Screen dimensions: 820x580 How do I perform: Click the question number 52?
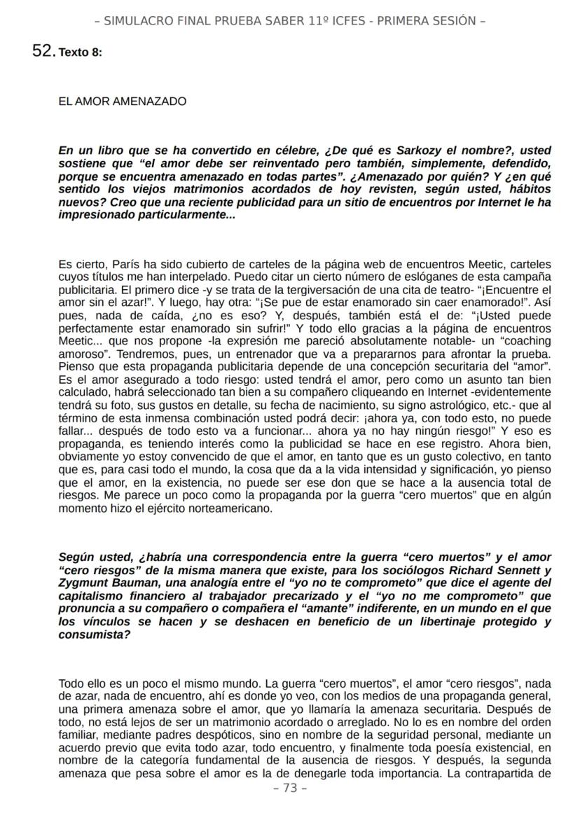pyautogui.click(x=43, y=50)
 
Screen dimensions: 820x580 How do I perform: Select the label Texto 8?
pyautogui.click(x=81, y=53)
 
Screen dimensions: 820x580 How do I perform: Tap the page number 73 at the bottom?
pyautogui.click(x=289, y=788)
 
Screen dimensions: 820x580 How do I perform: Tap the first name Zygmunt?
pyautogui.click(x=85, y=583)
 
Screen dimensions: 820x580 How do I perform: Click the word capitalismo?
pyautogui.click(x=93, y=595)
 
